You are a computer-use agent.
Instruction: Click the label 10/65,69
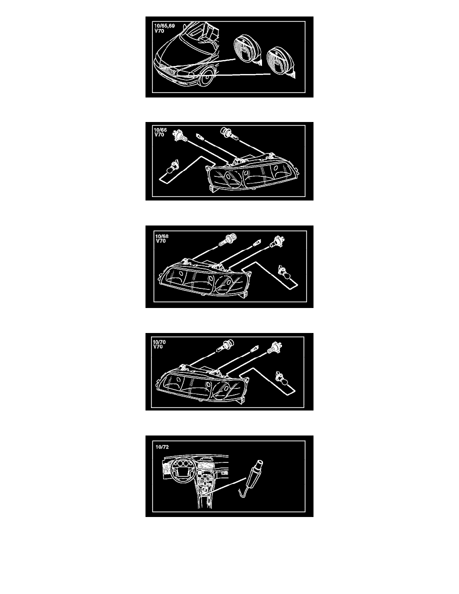point(164,26)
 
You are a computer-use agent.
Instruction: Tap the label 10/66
point(160,130)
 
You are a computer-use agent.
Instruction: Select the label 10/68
point(161,236)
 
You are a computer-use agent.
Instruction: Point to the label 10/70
point(159,342)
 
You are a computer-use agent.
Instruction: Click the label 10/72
point(162,447)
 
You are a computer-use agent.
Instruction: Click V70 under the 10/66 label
point(159,135)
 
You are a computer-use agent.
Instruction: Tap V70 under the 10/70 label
point(158,346)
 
